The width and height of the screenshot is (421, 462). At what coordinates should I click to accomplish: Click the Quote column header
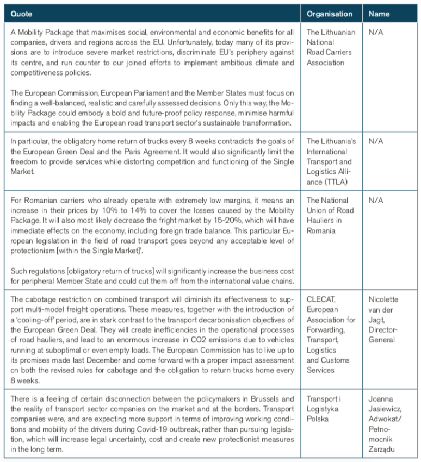pos(22,14)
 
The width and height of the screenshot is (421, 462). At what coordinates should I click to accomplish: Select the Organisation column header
pos(329,14)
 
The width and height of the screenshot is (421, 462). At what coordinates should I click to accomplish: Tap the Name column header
pos(379,14)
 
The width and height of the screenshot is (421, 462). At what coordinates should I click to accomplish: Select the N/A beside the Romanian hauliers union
pos(376,200)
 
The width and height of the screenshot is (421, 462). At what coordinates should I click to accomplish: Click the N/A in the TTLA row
pos(376,141)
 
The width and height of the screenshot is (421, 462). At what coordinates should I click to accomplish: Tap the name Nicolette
pos(383,299)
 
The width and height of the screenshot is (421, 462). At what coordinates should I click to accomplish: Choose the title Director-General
pos(383,335)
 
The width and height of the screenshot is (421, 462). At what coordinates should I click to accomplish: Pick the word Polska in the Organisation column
pos(318,420)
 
